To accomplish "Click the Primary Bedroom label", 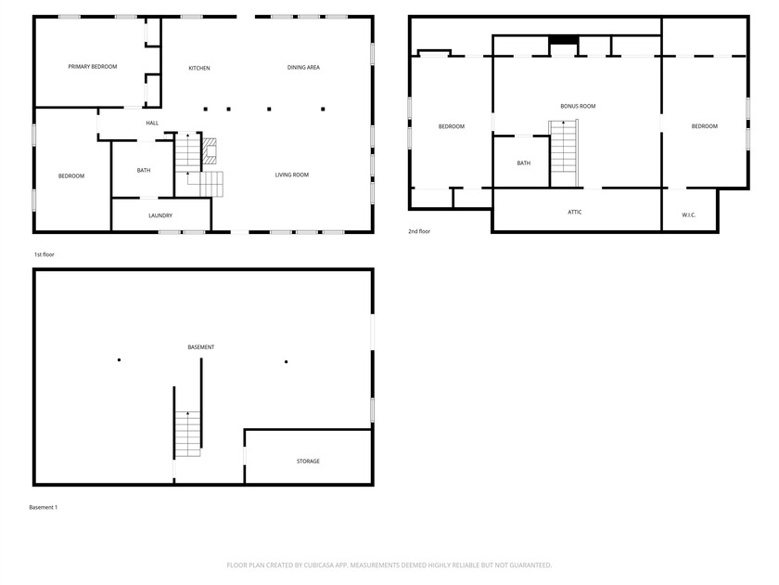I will click(93, 67).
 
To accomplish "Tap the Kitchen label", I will click(199, 68).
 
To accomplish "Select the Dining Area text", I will click(303, 68).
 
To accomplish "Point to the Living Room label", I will click(292, 175).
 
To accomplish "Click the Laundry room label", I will click(160, 216).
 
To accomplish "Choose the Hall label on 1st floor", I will click(152, 123).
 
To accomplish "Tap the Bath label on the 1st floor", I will click(144, 170).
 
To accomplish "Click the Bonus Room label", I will click(578, 106).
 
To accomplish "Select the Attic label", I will click(575, 213).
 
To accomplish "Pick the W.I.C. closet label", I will click(689, 215).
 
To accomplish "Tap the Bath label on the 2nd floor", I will click(524, 163).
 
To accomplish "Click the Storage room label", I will click(308, 461).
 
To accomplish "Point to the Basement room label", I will click(201, 347).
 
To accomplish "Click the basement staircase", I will click(188, 432).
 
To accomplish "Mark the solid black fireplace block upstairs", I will click(563, 40).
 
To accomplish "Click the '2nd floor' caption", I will click(419, 231).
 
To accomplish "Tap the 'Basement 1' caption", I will click(44, 508).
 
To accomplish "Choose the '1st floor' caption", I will click(45, 254).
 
